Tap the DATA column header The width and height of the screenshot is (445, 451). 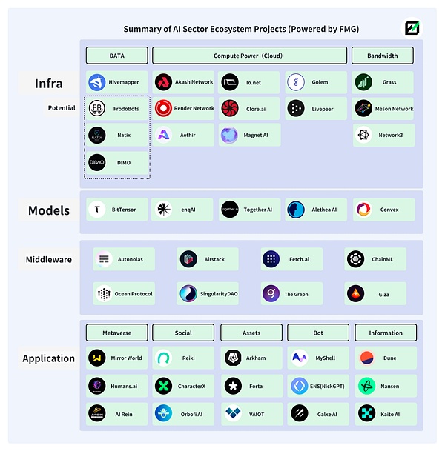(116, 56)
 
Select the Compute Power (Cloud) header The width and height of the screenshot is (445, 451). (248, 56)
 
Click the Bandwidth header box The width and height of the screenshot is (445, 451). (382, 56)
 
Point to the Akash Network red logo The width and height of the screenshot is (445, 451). (163, 82)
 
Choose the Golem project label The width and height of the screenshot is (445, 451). (320, 82)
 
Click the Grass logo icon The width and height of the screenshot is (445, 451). (363, 82)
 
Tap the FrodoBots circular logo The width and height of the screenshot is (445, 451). (97, 108)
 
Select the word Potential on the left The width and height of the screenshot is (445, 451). (62, 108)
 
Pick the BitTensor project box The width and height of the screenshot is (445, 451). (117, 210)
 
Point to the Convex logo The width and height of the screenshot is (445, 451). (363, 210)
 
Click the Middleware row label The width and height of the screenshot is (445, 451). (48, 259)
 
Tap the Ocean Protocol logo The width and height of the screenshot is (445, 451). (104, 294)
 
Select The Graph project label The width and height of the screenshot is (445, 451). (296, 294)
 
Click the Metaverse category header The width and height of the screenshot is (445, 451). (116, 333)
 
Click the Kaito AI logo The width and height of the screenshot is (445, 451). (366, 413)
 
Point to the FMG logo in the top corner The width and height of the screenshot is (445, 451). (413, 28)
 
